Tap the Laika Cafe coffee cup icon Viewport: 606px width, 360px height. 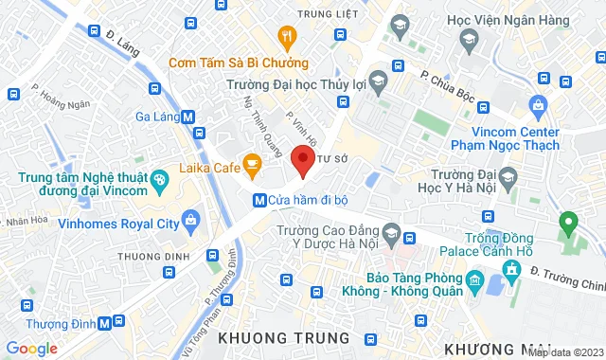252,166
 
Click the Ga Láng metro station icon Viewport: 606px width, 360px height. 188,117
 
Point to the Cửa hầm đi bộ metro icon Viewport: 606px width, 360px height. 258,200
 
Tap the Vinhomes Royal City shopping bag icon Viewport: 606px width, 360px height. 192,224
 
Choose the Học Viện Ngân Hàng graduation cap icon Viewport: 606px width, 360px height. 468,39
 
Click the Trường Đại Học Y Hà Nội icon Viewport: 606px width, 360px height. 508,177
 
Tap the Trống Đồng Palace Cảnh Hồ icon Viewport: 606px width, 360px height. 512,271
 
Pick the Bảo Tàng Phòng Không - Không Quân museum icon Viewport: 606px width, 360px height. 473,282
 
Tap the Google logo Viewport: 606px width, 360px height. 30,348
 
